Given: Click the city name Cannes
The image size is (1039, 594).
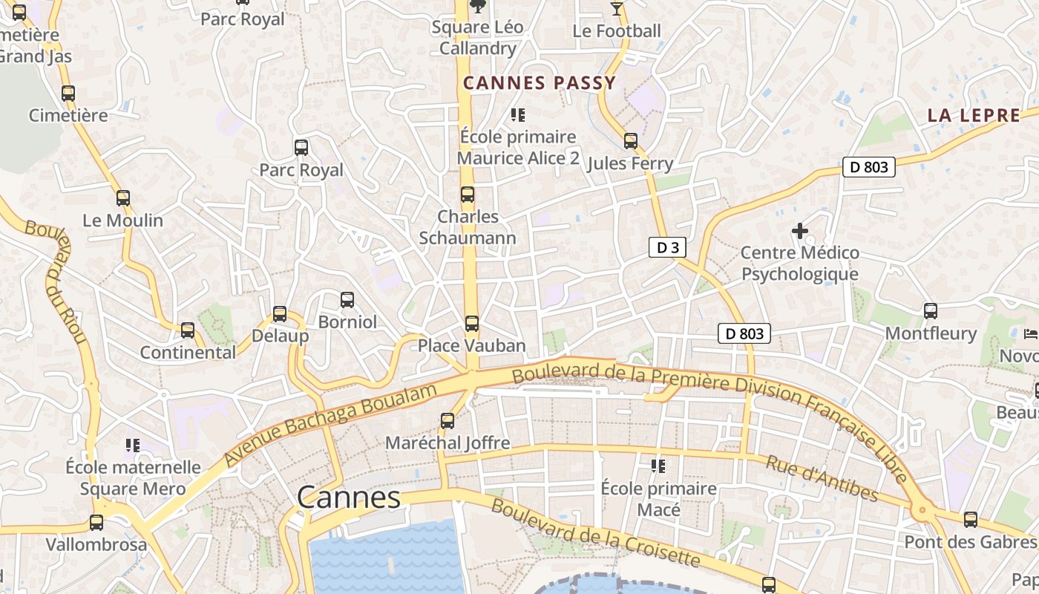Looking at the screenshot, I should click(349, 497).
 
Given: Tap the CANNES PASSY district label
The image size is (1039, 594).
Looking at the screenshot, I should click(540, 83).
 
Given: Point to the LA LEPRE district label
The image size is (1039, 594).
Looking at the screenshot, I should click(974, 116).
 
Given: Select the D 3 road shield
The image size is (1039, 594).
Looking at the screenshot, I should click(667, 248).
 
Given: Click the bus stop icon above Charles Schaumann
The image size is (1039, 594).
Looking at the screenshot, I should click(468, 195).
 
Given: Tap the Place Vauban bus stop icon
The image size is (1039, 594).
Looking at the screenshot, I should click(471, 324).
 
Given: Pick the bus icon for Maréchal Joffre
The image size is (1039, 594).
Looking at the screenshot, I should click(448, 421).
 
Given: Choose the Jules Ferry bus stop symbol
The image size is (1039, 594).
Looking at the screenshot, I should click(630, 141).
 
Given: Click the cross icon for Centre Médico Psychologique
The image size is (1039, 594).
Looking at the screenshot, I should click(799, 231).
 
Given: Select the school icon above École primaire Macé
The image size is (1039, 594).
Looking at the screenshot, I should click(658, 466).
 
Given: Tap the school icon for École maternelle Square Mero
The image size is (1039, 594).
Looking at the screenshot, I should click(133, 446).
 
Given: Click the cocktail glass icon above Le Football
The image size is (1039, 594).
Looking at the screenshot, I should click(617, 9).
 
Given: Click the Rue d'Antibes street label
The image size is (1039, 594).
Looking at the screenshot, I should click(822, 479).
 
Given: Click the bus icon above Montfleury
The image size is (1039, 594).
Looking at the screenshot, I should click(931, 311).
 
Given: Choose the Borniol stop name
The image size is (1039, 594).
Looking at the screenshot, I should click(347, 322).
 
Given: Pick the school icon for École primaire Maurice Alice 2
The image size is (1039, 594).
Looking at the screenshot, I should click(518, 115).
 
